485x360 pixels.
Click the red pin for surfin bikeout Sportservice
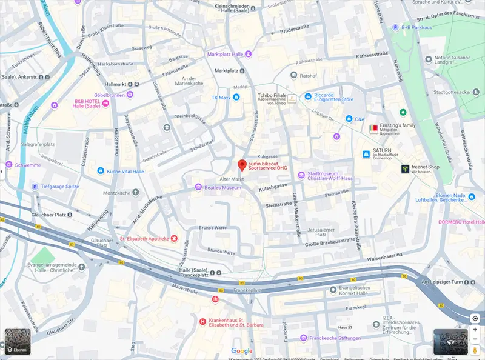242,165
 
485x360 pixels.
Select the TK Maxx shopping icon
236,97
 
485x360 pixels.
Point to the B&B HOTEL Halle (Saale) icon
106,104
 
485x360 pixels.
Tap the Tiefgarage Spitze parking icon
35,187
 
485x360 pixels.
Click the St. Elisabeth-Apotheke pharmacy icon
175,238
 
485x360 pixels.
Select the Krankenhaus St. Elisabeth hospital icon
202,321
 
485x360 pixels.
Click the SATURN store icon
366,155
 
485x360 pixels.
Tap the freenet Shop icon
404,170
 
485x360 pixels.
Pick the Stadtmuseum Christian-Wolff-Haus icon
301,175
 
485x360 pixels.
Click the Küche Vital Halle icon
100,172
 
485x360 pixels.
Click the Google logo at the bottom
242,351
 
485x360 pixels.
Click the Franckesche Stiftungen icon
303,338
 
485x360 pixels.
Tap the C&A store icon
349,119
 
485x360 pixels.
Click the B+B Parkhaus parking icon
395,27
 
